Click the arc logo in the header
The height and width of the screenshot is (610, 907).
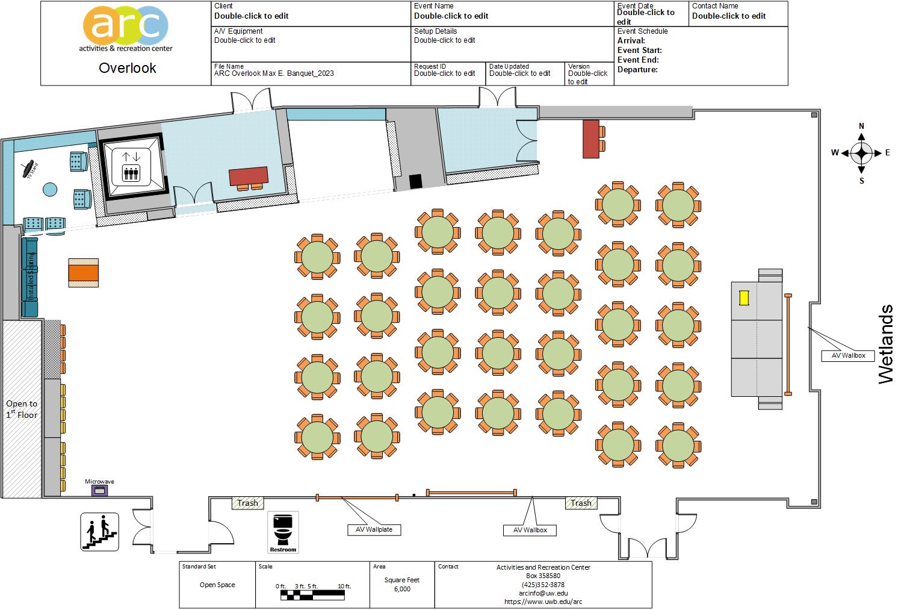[126, 29]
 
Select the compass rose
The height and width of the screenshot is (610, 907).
[861, 153]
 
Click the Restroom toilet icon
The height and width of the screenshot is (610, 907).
[283, 532]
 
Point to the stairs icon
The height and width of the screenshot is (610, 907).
[99, 531]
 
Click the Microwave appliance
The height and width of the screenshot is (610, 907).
[99, 491]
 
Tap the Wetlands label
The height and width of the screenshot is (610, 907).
[886, 344]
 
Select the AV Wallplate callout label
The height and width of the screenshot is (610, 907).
[374, 529]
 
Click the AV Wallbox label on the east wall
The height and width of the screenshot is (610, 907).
[848, 355]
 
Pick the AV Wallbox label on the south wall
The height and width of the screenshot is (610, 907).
[530, 530]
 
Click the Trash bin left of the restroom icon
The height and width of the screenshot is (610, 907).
[247, 503]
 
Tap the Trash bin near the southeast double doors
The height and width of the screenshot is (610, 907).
[581, 503]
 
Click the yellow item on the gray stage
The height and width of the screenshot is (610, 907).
[744, 297]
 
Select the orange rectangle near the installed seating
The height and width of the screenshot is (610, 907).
[83, 273]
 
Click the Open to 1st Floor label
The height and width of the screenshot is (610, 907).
[22, 409]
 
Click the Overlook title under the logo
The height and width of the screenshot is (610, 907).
[127, 68]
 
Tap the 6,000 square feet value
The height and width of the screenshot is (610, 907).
[402, 589]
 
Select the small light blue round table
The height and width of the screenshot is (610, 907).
[49, 190]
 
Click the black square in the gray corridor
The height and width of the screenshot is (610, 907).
[415, 181]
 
